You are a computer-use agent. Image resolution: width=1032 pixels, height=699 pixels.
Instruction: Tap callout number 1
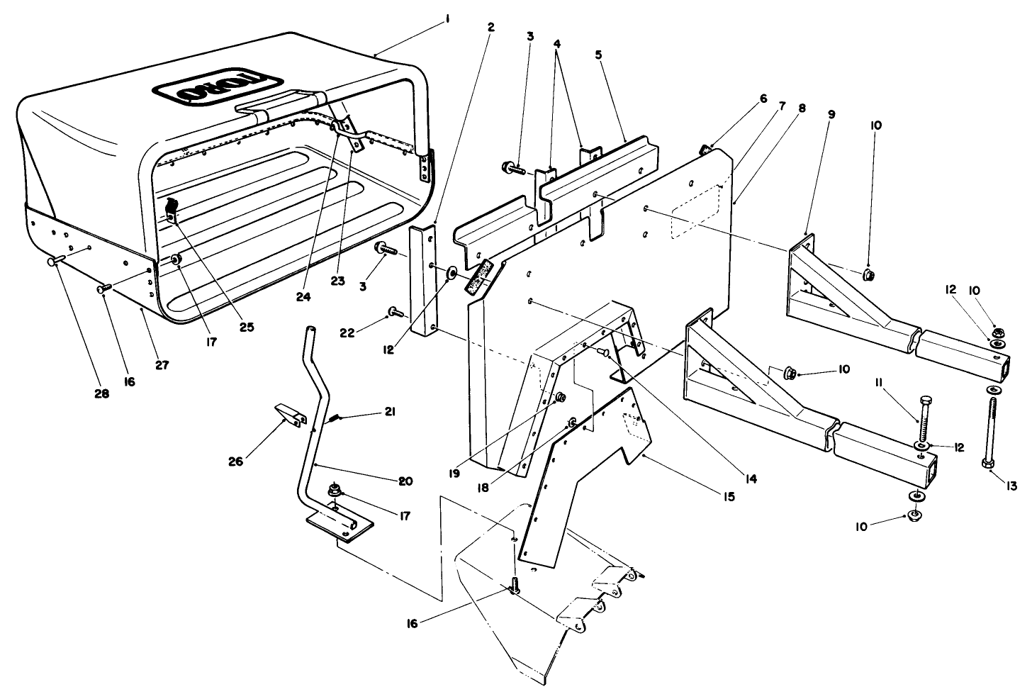point(447,21)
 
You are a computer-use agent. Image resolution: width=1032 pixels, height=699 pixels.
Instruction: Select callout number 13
point(1011,486)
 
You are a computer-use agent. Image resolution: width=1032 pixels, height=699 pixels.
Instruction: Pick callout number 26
point(235,462)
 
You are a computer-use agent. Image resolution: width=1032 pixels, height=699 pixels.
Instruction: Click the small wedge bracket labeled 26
point(287,413)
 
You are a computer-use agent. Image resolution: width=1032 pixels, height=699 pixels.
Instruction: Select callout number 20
point(405,481)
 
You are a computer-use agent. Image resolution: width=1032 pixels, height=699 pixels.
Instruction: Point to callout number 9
point(831,113)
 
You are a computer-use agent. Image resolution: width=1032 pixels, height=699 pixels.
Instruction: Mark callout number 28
point(101,393)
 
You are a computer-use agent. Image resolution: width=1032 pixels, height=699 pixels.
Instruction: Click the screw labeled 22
point(395,311)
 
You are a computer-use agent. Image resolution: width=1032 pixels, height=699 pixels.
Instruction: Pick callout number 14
point(752,479)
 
